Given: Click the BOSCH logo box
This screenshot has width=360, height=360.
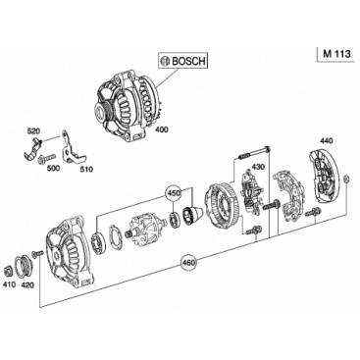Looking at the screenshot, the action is (182, 61).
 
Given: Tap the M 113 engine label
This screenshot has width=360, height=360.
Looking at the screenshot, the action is (336, 54).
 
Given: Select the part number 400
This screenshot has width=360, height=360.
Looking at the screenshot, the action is (161, 129).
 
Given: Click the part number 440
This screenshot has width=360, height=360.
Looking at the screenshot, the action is (326, 141).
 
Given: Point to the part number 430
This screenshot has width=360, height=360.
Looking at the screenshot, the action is (257, 167).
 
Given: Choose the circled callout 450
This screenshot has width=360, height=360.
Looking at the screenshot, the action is (174, 193).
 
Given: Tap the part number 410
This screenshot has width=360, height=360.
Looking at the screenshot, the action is (9, 284).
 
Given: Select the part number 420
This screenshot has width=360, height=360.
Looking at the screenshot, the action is (27, 284).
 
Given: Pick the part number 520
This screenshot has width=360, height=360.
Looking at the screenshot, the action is (33, 131).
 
